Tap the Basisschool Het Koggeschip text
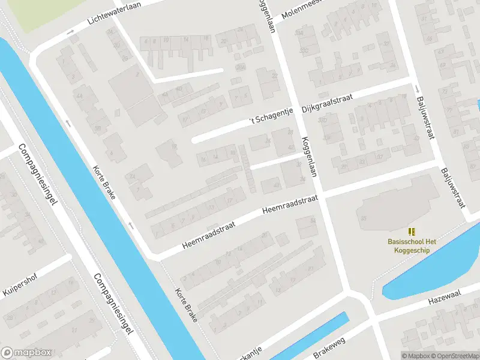[412, 245]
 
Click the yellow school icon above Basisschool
[412, 231]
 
